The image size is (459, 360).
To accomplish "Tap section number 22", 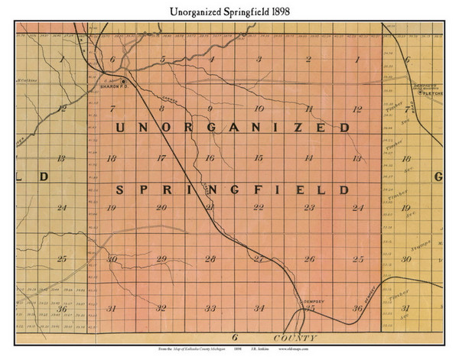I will (259, 208).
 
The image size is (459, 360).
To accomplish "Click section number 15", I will (259, 158).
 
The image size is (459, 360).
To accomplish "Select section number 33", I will (210, 308).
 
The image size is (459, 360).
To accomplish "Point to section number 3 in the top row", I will (259, 60).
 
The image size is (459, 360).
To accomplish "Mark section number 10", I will (259, 109).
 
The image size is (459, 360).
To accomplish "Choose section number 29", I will (161, 259).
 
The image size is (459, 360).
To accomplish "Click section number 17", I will (161, 158).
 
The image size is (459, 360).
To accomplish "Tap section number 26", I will (309, 259).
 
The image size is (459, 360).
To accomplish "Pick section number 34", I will (259, 308).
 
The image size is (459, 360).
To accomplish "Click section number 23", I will (309, 208).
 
